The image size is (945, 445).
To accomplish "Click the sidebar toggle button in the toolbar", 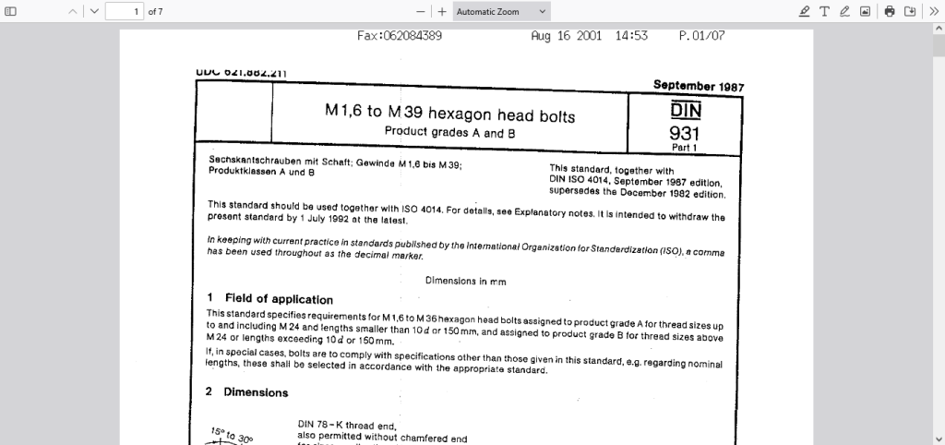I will [x=11, y=12].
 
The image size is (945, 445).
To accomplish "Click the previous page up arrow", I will [x=74, y=12].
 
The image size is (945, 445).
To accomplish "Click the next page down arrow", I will [x=94, y=12].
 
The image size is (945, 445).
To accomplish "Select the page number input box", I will [x=125, y=12].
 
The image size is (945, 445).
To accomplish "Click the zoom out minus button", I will [x=421, y=12].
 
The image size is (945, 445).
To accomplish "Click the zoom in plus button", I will [x=442, y=12].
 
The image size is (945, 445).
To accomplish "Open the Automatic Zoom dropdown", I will [x=502, y=12].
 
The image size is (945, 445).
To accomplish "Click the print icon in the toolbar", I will [x=890, y=12].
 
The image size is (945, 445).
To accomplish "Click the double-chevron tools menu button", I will [x=933, y=12].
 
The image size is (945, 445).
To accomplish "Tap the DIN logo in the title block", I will [x=686, y=110].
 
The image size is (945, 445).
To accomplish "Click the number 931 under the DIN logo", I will [x=685, y=133].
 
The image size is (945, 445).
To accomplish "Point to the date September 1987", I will [x=699, y=86].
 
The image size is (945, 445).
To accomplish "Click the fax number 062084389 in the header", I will [x=400, y=36].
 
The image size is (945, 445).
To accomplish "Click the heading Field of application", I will [x=279, y=299].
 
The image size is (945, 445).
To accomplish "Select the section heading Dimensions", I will [x=256, y=392].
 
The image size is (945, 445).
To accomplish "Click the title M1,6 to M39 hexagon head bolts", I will [x=450, y=114].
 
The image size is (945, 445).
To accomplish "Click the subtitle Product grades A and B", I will [x=449, y=133].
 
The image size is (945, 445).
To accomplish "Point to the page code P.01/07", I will [x=701, y=36].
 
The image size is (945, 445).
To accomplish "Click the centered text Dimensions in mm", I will [x=466, y=281].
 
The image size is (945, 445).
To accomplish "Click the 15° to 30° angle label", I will [x=232, y=435].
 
